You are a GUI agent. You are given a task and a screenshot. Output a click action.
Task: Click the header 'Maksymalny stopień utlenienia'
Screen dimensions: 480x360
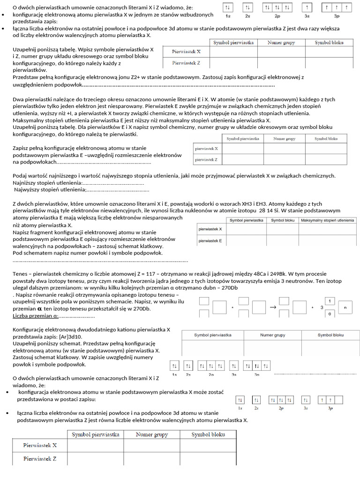coord(327,220)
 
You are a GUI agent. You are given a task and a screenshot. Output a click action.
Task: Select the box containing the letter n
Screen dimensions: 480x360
coord(345,307)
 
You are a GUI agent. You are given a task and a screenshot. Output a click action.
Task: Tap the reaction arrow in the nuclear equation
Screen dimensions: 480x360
coord(273,307)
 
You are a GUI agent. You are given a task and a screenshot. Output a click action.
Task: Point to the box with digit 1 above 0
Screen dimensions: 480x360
coord(330,301)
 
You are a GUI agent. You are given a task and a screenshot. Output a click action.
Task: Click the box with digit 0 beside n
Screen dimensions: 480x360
coord(330,314)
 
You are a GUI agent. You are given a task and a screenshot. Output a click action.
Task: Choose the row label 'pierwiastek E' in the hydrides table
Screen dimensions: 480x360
coord(210,240)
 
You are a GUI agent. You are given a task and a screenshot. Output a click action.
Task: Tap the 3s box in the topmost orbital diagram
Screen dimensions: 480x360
coord(307,8)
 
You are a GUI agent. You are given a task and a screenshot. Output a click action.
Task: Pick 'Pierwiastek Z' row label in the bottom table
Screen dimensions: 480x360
coord(40,459)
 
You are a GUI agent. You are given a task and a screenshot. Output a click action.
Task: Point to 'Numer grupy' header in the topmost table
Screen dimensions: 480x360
coord(281,42)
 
